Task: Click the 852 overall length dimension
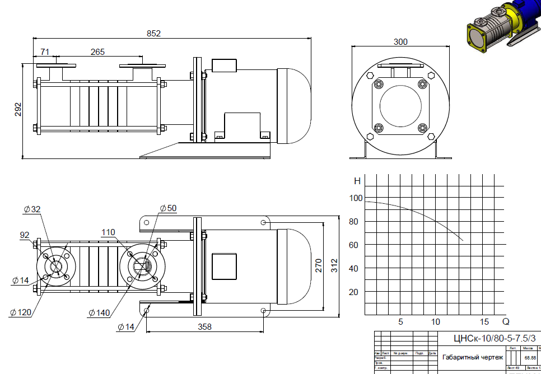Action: pyautogui.click(x=153, y=34)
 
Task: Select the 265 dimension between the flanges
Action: pyautogui.click(x=97, y=52)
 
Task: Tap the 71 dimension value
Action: pyautogui.click(x=45, y=52)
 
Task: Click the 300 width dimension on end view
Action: pyautogui.click(x=400, y=42)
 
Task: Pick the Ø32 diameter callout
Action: pyautogui.click(x=32, y=209)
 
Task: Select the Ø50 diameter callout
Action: pyautogui.click(x=167, y=208)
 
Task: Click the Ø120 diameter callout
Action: pyautogui.click(x=20, y=312)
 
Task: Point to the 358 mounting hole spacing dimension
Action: pyautogui.click(x=206, y=327)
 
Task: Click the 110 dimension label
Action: pyautogui.click(x=108, y=232)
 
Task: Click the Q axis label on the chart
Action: pyautogui.click(x=506, y=322)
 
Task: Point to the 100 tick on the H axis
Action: pyautogui.click(x=356, y=198)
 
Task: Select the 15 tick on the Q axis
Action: pyautogui.click(x=485, y=322)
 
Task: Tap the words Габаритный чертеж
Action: pyautogui.click(x=473, y=357)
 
